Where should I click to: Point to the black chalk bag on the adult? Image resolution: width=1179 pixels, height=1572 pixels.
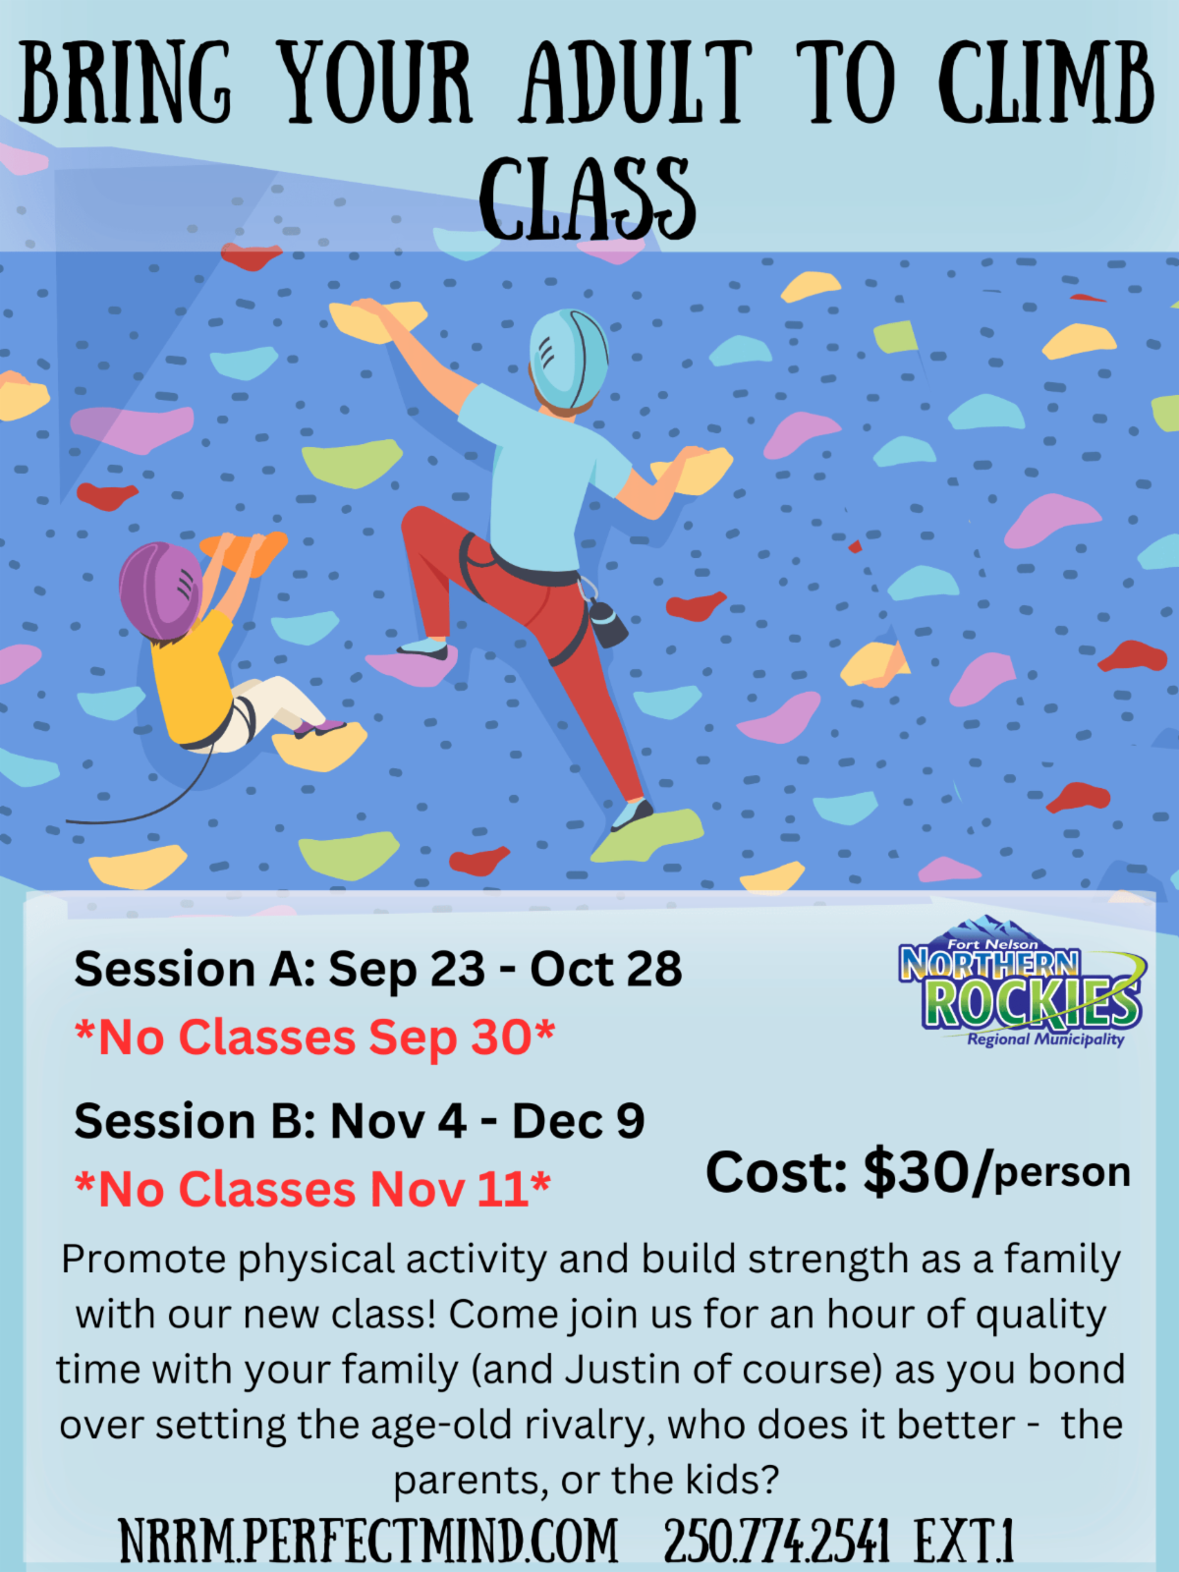click(607, 624)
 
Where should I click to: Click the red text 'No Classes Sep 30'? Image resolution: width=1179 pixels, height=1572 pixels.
click(315, 1037)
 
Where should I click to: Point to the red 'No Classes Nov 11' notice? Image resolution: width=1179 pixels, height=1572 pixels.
click(312, 1189)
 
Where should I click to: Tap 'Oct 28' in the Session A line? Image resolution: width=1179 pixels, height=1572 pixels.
click(605, 969)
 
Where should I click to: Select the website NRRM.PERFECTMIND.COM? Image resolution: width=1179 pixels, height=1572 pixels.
click(367, 1541)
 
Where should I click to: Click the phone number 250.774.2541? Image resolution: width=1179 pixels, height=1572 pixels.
click(777, 1541)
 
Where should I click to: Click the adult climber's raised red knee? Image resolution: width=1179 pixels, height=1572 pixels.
click(422, 527)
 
